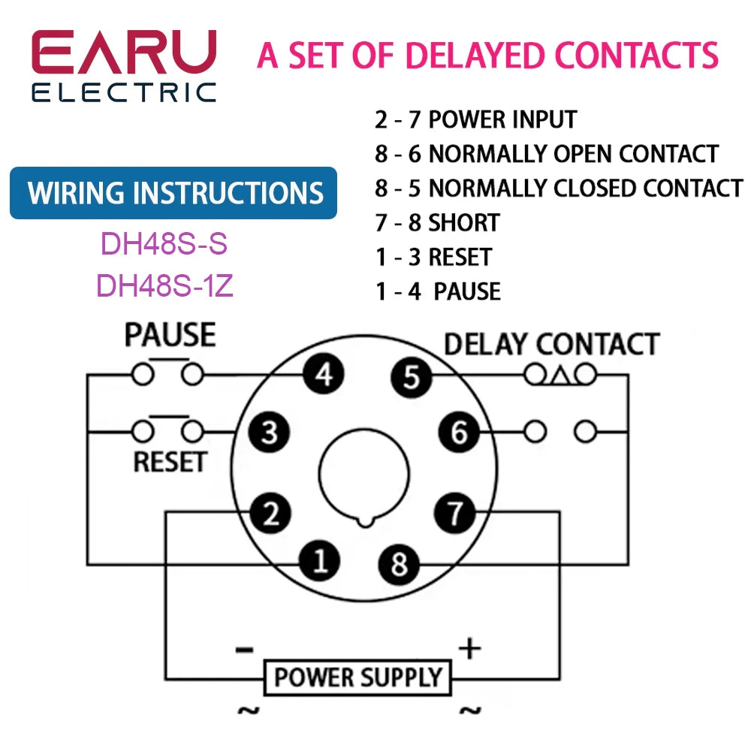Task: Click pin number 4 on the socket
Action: click(x=324, y=374)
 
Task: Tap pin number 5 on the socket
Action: click(x=411, y=376)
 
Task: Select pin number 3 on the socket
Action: click(x=269, y=432)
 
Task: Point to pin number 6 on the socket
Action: click(x=459, y=432)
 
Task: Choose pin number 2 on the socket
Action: click(x=270, y=513)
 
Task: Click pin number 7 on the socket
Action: click(x=455, y=514)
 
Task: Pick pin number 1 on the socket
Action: click(x=320, y=561)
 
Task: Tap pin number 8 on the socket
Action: click(x=400, y=562)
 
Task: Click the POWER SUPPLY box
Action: click(x=357, y=677)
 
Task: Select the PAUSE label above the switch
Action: click(x=170, y=335)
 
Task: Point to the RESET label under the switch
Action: click(x=170, y=462)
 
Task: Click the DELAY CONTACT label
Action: click(x=552, y=344)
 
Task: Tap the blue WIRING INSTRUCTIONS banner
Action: click(x=174, y=193)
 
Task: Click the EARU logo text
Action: click(x=124, y=54)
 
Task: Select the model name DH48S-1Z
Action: click(x=164, y=285)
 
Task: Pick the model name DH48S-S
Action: click(x=164, y=244)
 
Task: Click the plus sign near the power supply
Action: click(x=469, y=648)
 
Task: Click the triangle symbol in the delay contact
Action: click(x=559, y=375)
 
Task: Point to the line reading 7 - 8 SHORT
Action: click(x=437, y=222)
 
